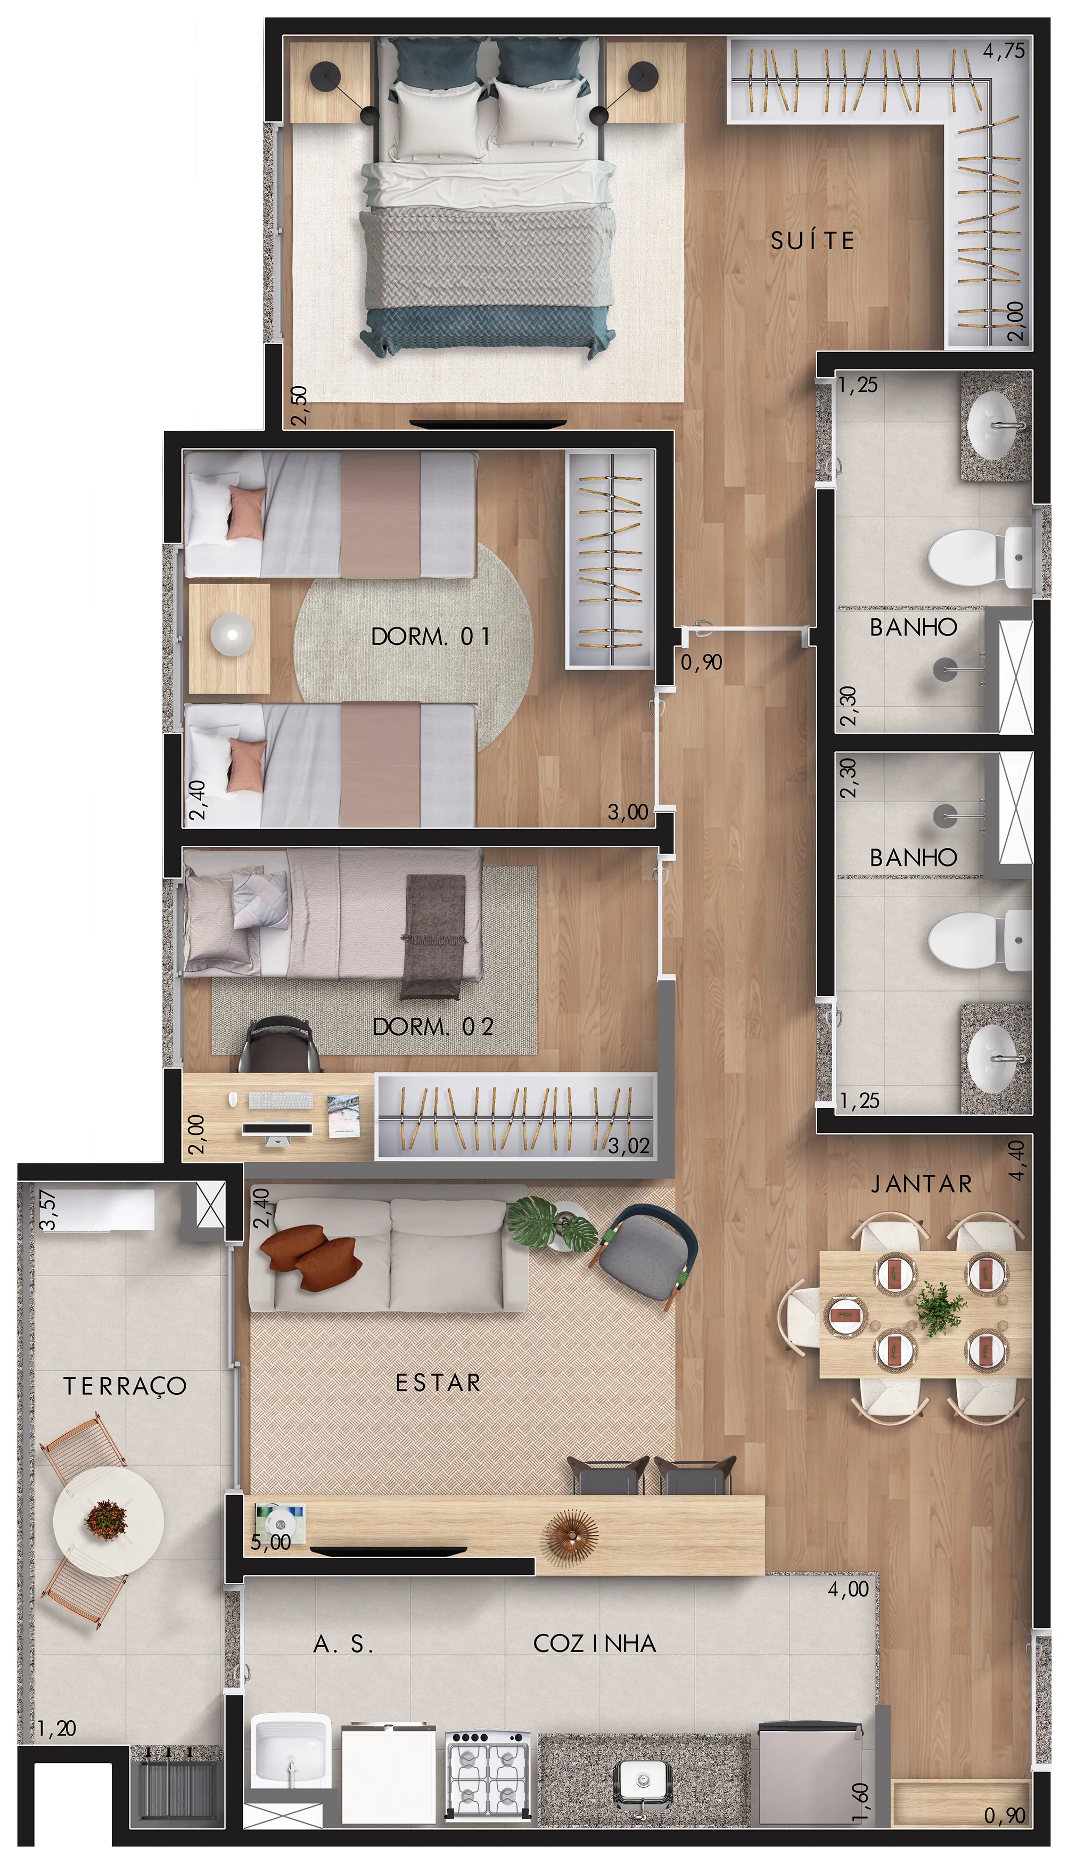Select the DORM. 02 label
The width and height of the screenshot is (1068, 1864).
point(433,1026)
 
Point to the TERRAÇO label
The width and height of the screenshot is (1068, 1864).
point(125,1386)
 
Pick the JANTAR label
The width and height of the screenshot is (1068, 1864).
point(921,1183)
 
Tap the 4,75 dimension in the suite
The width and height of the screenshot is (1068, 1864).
point(1004,51)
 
